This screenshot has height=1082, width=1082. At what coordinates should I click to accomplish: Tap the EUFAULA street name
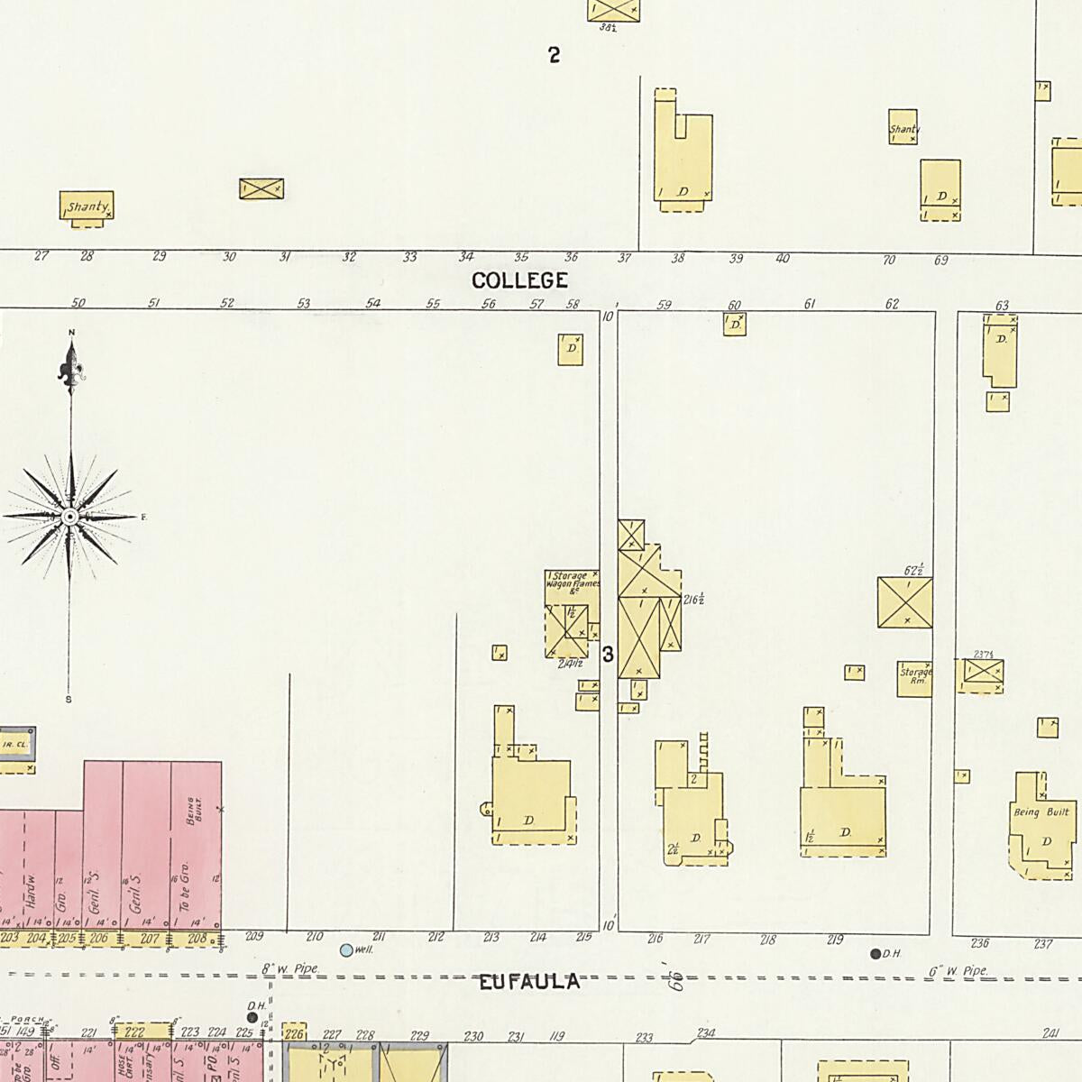(x=528, y=982)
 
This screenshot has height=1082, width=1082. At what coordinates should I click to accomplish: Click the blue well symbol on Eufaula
(x=346, y=949)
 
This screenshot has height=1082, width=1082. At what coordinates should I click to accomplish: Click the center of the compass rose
(x=70, y=517)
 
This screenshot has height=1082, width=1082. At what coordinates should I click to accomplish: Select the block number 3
(x=608, y=655)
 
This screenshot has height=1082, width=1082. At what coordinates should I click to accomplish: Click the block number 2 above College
(x=555, y=55)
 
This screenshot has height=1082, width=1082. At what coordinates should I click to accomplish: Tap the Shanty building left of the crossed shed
(x=87, y=206)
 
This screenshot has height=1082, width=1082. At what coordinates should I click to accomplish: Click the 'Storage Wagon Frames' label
(x=572, y=581)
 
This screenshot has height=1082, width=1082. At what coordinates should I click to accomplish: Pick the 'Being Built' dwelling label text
(x=1041, y=812)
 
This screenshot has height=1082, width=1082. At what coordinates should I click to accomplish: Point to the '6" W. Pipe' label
(x=958, y=971)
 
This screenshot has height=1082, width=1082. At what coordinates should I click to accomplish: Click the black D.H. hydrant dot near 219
(x=875, y=953)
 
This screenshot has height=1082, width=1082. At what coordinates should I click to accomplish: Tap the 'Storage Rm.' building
(x=915, y=678)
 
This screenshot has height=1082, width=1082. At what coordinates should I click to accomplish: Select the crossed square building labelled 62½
(x=904, y=602)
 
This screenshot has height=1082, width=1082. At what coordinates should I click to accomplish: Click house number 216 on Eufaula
(x=656, y=940)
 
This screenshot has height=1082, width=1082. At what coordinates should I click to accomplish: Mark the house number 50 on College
(x=78, y=303)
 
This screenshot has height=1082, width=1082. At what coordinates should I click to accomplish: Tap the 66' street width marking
(x=674, y=977)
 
